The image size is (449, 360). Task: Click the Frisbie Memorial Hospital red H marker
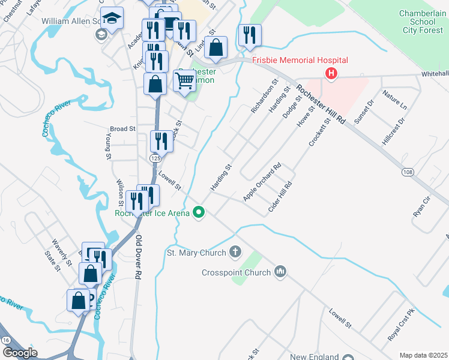pyautogui.click(x=330, y=74)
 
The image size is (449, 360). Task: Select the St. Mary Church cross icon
pyautogui.click(x=235, y=253)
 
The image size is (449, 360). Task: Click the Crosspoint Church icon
pyautogui.click(x=280, y=272)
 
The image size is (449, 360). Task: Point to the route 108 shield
pyautogui.click(x=408, y=172)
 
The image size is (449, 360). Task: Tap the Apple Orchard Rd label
pyautogui.click(x=262, y=182)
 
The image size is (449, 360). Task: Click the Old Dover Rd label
pyautogui.click(x=137, y=257)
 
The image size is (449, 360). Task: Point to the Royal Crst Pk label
pyautogui.click(x=402, y=325)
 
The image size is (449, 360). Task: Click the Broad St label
pyautogui.click(x=122, y=128)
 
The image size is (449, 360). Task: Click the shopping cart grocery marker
pyautogui.click(x=185, y=80)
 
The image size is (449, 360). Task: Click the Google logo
pyautogui.click(x=20, y=353)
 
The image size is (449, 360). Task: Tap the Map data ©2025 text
pyautogui.click(x=423, y=355)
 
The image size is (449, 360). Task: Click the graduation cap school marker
pyautogui.click(x=112, y=19)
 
